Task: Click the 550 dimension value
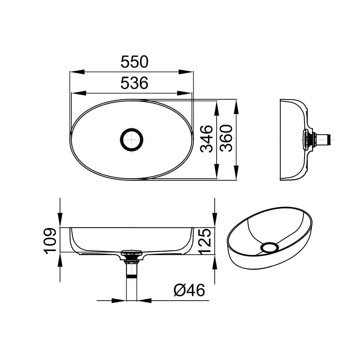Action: (x=134, y=62)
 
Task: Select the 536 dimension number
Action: (x=134, y=83)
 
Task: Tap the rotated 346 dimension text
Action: (x=207, y=139)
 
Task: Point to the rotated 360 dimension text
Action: (x=226, y=139)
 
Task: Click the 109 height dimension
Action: (x=50, y=241)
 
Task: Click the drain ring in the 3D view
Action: (x=269, y=248)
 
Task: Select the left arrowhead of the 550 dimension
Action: (x=77, y=72)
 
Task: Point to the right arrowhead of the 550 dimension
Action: (x=186, y=72)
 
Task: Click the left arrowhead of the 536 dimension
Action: (x=79, y=93)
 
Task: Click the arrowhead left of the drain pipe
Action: (x=118, y=301)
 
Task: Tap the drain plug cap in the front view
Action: (x=132, y=252)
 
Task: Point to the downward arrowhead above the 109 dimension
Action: (x=60, y=220)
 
